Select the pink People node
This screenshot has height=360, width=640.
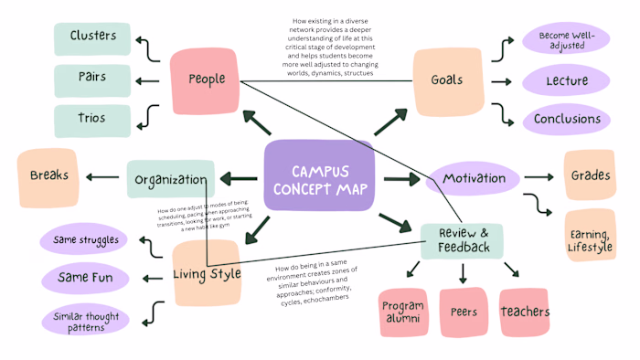pos(206,79)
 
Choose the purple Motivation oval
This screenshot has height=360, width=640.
pos(473,178)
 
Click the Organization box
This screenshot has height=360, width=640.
pos(171,179)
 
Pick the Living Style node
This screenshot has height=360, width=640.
pos(207,271)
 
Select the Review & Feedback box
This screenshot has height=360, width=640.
pos(462,241)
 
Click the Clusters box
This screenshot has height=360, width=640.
pos(92,37)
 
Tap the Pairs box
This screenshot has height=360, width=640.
pos(92,78)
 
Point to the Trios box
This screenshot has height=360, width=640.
pos(92,120)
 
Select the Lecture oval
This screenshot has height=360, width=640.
pos(567,81)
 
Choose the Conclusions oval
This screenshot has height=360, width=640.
pos(567,120)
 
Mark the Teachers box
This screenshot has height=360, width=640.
pos(524,312)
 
